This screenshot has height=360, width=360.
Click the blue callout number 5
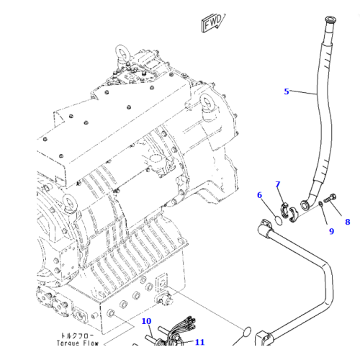click(287, 91)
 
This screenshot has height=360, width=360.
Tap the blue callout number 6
click(259, 195)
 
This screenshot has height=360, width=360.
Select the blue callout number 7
click(278, 184)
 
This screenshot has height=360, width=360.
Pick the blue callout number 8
click(348, 222)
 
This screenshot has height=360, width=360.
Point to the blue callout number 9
click(331, 231)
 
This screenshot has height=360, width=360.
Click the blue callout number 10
click(146, 321)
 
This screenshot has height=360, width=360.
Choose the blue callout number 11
click(199, 342)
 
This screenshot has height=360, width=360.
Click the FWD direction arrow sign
click(213, 22)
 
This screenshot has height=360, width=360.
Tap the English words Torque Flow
click(78, 343)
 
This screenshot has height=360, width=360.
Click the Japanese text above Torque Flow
click(77, 336)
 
